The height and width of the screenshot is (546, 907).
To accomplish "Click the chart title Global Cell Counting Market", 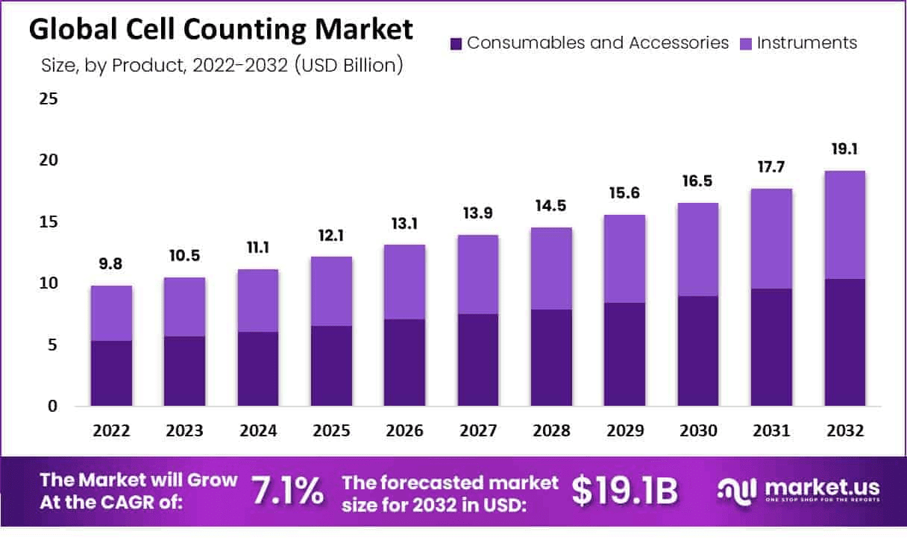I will coord(221,30).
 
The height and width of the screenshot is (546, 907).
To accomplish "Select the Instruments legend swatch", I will coord(747,43).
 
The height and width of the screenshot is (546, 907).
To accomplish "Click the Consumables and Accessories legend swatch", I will coord(456,43).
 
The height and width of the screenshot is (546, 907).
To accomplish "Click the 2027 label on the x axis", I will coord(477,431).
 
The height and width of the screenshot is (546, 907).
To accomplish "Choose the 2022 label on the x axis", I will coord(111,431).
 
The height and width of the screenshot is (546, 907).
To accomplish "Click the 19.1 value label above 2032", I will coord(844,149).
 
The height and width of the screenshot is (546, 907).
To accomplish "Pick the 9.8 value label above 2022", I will coord(111,264).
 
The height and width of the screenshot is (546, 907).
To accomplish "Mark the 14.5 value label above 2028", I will coord(551,206).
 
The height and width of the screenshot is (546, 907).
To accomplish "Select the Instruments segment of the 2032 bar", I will coord(844,225).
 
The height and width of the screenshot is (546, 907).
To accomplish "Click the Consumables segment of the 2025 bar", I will coord(331,365).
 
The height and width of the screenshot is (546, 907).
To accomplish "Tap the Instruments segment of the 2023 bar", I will coord(184,307).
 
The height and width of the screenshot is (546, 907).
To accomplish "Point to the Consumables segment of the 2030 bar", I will coord(698,351).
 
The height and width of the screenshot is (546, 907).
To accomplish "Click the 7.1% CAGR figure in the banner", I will coord(288,491).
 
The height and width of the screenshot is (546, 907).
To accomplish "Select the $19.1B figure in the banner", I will coord(625,491).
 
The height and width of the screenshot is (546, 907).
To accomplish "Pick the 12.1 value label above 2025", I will coord(331,235).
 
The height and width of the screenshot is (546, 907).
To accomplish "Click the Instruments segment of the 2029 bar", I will coord(624,259).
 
